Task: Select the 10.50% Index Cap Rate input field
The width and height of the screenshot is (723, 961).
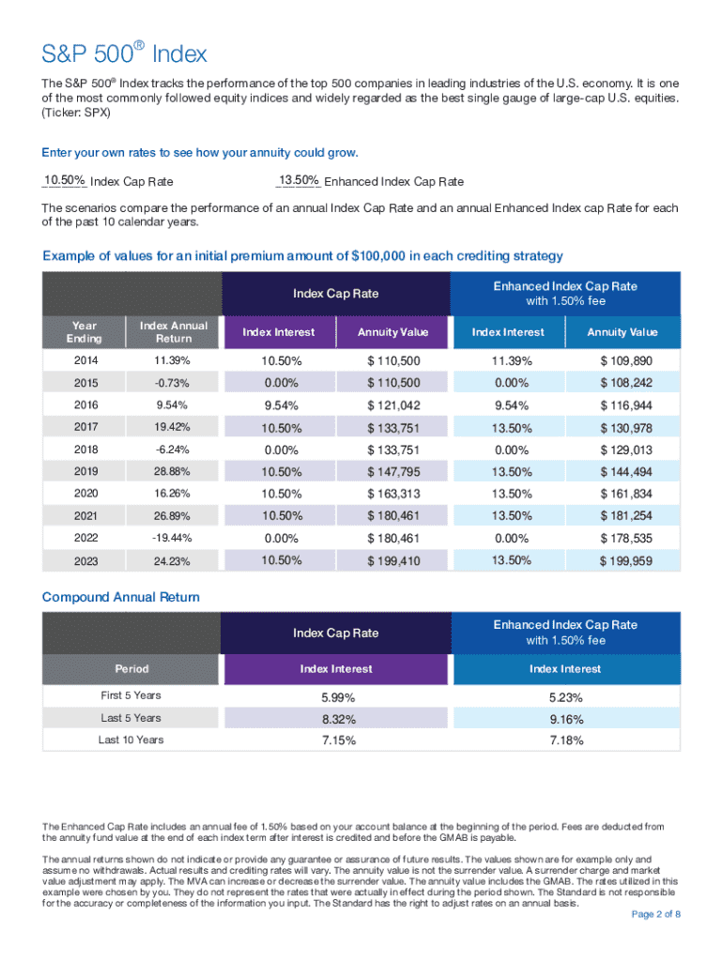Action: pyautogui.click(x=65, y=180)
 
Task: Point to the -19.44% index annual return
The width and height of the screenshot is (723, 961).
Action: pyautogui.click(x=174, y=539)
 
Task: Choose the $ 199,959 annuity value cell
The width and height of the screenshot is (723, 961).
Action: pyautogui.click(x=626, y=561)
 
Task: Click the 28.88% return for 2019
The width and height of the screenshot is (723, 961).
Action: pyautogui.click(x=174, y=471)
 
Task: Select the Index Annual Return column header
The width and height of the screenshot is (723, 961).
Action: pyautogui.click(x=174, y=332)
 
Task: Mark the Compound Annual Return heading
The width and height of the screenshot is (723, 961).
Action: pyautogui.click(x=121, y=597)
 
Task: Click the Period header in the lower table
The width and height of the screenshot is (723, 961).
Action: pyautogui.click(x=131, y=669)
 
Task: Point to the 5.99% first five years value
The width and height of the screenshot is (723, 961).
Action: pyautogui.click(x=336, y=696)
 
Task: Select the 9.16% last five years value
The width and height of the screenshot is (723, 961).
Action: pyautogui.click(x=566, y=719)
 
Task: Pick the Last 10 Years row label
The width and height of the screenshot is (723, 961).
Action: pyautogui.click(x=131, y=740)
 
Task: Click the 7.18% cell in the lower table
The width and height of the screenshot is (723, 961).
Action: pyautogui.click(x=566, y=740)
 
